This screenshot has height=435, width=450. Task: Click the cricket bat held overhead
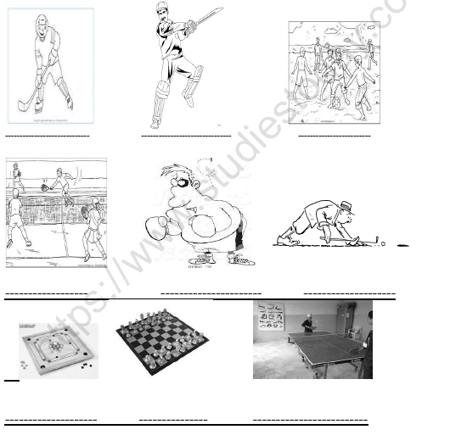(203, 21)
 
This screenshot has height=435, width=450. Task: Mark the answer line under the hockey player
(47, 135)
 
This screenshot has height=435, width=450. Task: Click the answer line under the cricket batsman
(186, 135)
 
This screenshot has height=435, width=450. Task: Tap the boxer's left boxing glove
(154, 228)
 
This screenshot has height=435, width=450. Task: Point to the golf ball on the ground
(383, 243)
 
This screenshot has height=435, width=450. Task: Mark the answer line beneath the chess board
(172, 420)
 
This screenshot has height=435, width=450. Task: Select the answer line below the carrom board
(51, 420)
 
